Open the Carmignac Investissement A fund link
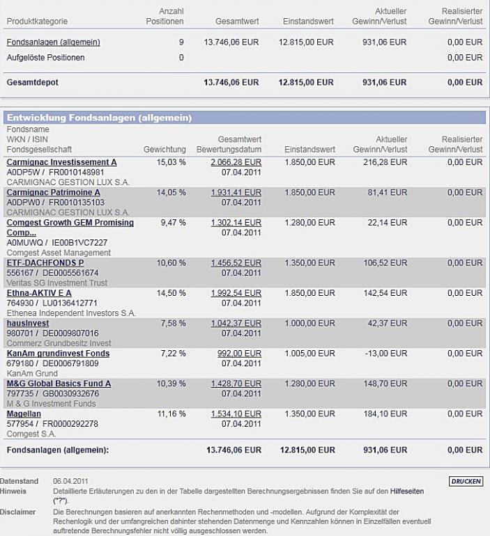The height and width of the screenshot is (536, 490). (x=61, y=162)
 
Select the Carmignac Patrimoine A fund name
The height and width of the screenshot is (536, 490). (x=53, y=192)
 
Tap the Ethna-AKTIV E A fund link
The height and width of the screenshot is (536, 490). (x=39, y=293)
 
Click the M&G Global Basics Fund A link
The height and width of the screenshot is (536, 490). (x=59, y=384)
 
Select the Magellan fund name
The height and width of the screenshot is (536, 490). (x=24, y=413)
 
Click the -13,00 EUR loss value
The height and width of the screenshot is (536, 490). (x=392, y=354)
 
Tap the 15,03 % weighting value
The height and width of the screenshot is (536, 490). (x=172, y=162)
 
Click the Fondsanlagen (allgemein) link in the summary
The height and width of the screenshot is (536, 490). (x=53, y=42)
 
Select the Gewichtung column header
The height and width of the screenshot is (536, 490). (x=164, y=150)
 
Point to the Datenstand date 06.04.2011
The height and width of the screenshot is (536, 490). (x=70, y=481)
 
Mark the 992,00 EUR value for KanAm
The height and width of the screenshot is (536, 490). (x=240, y=354)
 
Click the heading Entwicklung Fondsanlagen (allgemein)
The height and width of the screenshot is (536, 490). (x=99, y=118)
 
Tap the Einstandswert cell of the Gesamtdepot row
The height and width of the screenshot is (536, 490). (x=305, y=82)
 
